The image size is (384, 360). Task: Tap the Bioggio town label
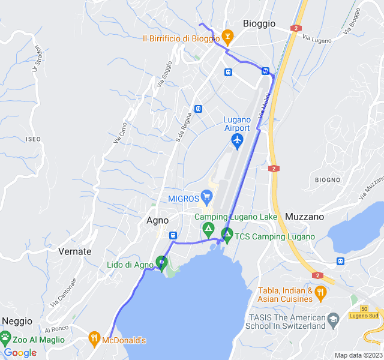click(259, 23)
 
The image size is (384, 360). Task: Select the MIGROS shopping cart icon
click(208, 196)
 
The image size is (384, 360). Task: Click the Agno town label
click(157, 220)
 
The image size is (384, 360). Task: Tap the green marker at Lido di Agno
click(161, 262)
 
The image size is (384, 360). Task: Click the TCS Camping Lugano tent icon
click(227, 234)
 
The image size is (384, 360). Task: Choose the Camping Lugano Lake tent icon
click(208, 229)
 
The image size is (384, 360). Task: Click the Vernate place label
click(75, 251)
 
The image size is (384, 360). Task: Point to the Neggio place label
click(17, 321)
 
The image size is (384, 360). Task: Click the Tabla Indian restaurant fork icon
click(320, 293)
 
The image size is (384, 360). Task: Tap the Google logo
click(20, 353)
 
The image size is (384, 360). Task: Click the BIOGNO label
click(328, 180)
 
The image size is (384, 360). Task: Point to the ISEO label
click(34, 139)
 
